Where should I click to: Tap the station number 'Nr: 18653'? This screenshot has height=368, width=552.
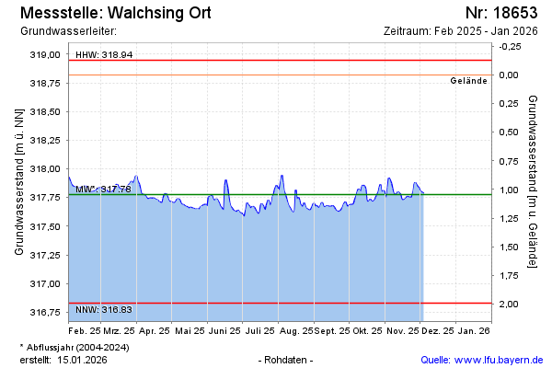[501, 13]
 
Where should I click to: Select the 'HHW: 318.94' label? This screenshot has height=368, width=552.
[104, 55]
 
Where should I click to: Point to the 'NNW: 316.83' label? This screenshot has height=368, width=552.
[104, 310]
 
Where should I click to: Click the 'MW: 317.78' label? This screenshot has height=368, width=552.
[104, 189]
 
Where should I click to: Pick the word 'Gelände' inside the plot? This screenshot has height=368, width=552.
[468, 81]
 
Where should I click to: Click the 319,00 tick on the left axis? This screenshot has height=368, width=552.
[44, 55]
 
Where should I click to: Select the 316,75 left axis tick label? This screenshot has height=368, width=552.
[44, 312]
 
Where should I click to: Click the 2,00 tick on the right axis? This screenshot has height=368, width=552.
[507, 304]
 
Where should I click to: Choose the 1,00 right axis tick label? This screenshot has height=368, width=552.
[507, 190]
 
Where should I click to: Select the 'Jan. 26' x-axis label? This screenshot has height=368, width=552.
[474, 329]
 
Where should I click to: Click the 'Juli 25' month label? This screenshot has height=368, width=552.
[261, 329]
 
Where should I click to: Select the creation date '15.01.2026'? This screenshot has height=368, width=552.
[85, 359]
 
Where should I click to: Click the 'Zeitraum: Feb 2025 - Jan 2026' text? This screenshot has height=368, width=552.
[460, 30]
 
